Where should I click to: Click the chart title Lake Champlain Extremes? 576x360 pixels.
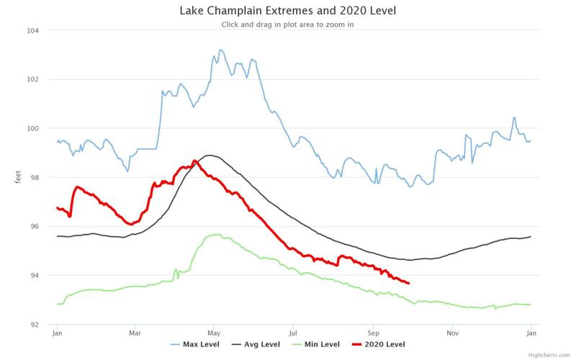click(288, 11)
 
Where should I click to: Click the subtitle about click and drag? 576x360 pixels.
click(288, 24)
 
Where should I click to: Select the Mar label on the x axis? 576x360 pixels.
click(135, 334)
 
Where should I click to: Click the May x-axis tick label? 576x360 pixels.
click(214, 334)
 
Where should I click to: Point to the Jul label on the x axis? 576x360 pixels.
click(293, 334)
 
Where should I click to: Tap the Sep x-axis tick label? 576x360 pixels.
click(373, 334)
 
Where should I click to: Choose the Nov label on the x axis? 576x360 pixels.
click(452, 334)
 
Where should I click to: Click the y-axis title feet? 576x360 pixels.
click(18, 177)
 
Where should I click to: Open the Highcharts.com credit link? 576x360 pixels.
click(550, 354)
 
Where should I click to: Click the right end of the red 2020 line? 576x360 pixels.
click(409, 283)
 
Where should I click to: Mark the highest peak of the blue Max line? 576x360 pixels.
click(220, 50)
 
